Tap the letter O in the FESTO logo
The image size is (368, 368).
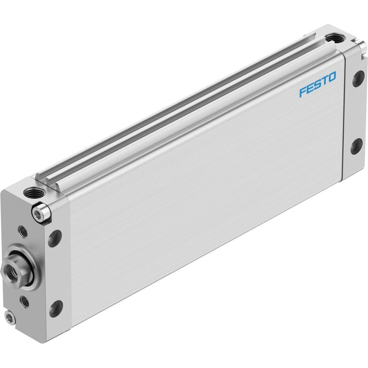pos(332,77)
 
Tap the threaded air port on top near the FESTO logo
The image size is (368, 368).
pos(335,38)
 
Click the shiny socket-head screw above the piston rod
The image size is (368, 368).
pos(41,213)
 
